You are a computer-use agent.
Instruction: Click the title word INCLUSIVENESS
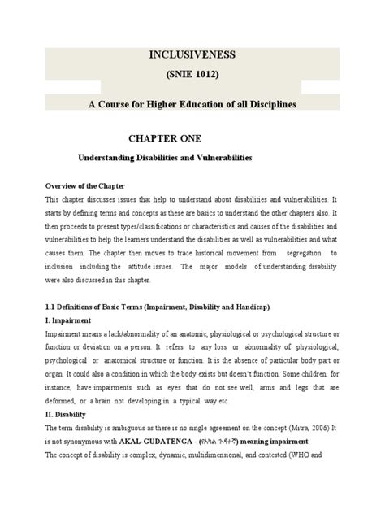click(x=192, y=55)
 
